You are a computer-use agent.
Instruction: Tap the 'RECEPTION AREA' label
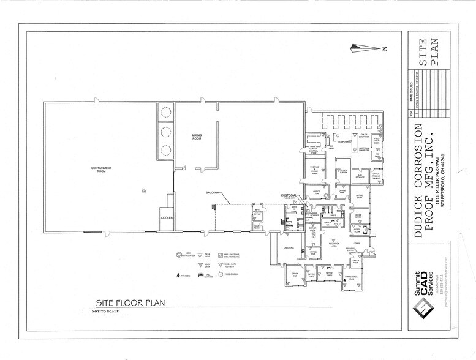[333, 244]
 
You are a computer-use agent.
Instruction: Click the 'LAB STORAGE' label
[359, 177]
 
